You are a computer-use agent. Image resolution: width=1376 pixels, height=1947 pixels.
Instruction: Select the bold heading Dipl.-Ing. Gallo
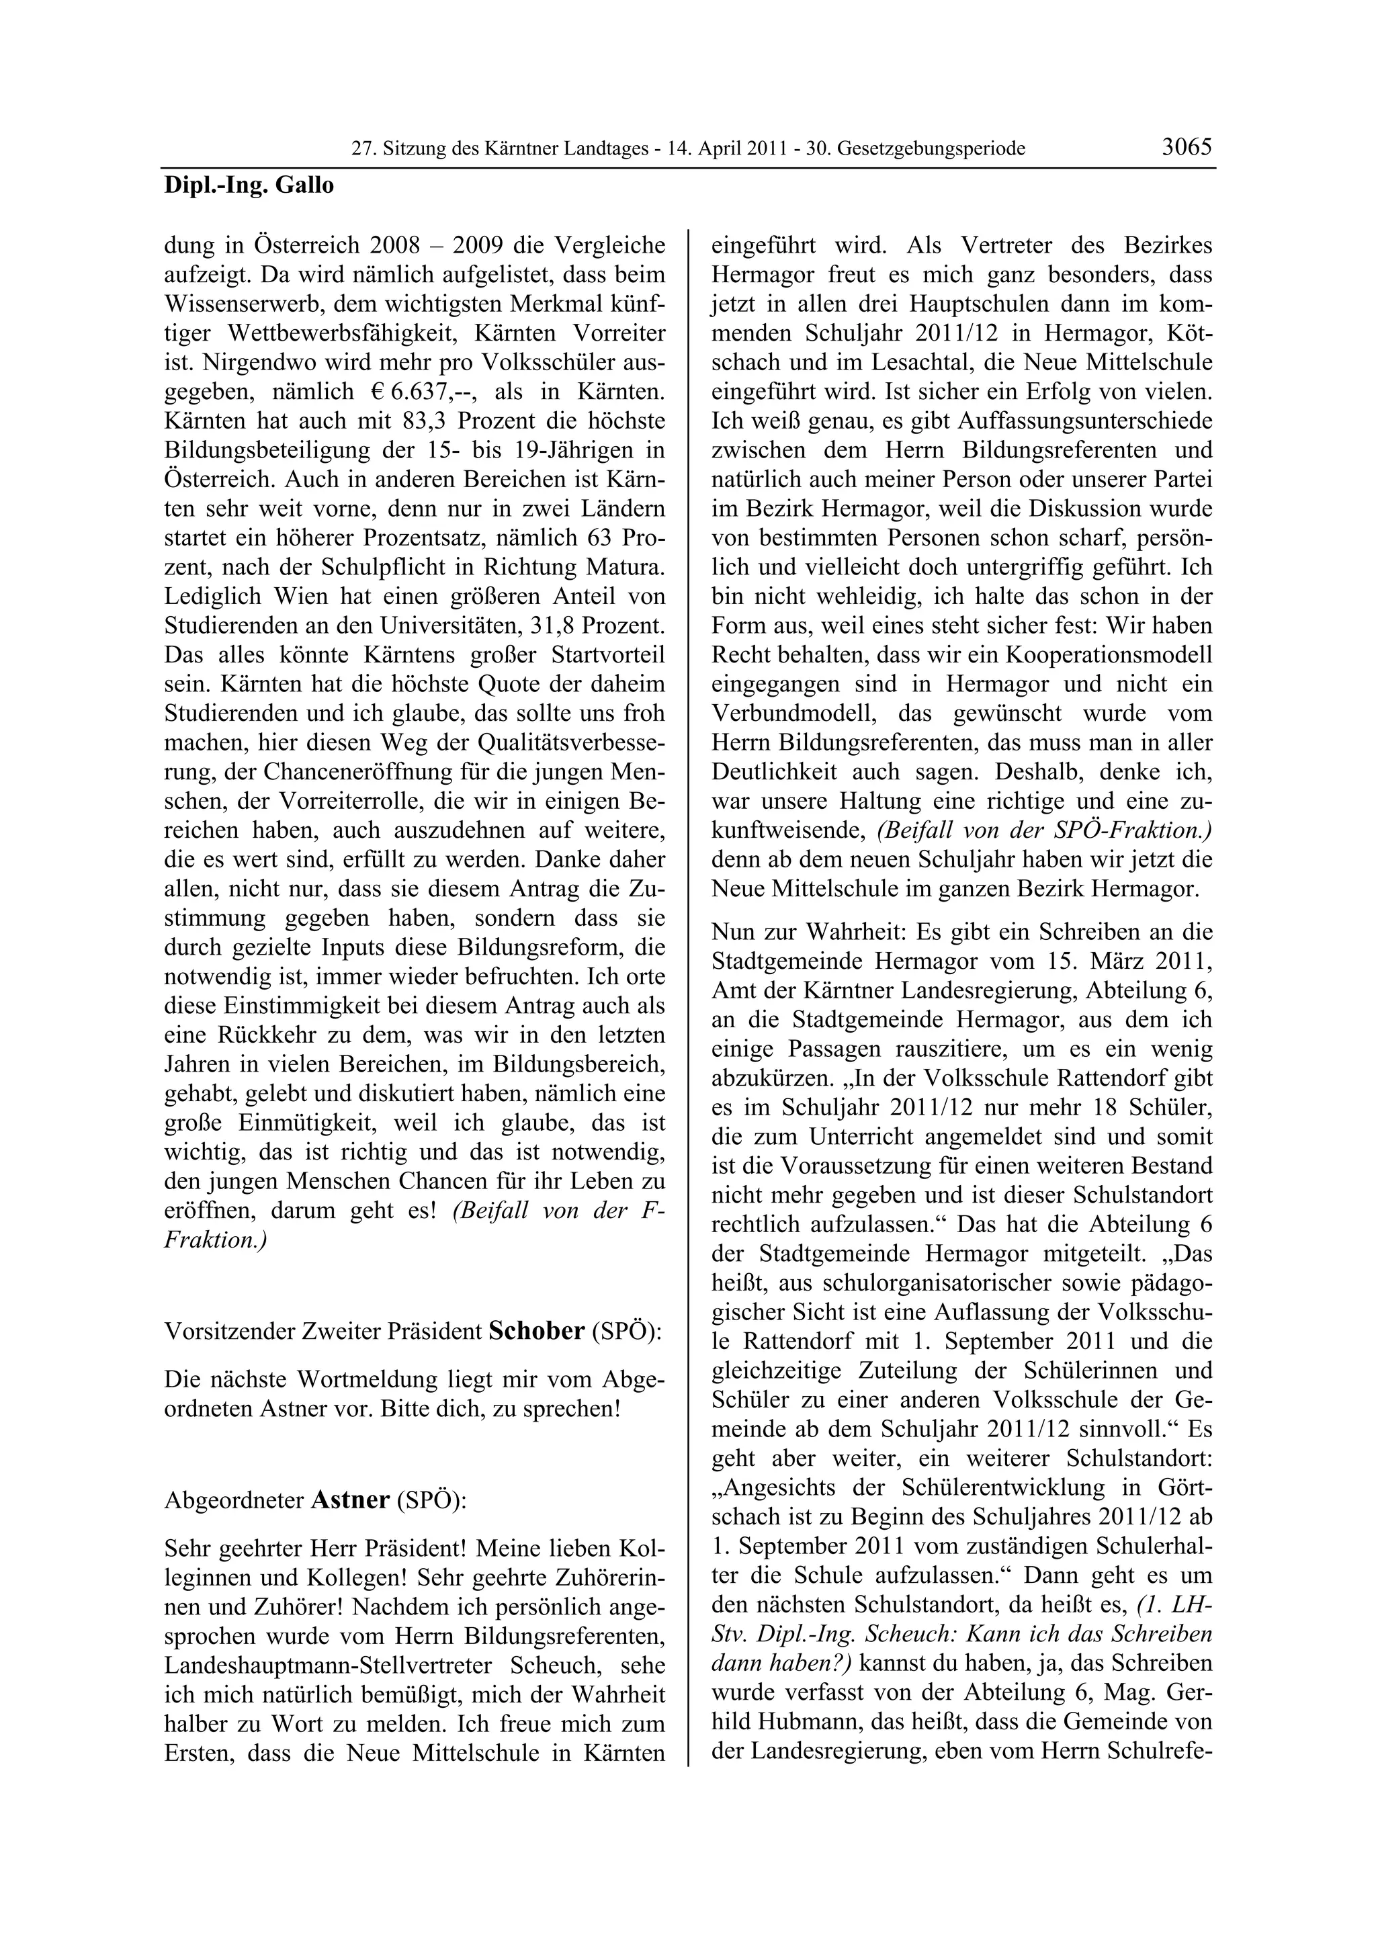tap(249, 185)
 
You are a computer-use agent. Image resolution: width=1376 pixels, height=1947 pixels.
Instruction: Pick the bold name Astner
tap(350, 1500)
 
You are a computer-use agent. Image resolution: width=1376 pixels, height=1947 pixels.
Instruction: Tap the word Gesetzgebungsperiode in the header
tap(931, 149)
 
